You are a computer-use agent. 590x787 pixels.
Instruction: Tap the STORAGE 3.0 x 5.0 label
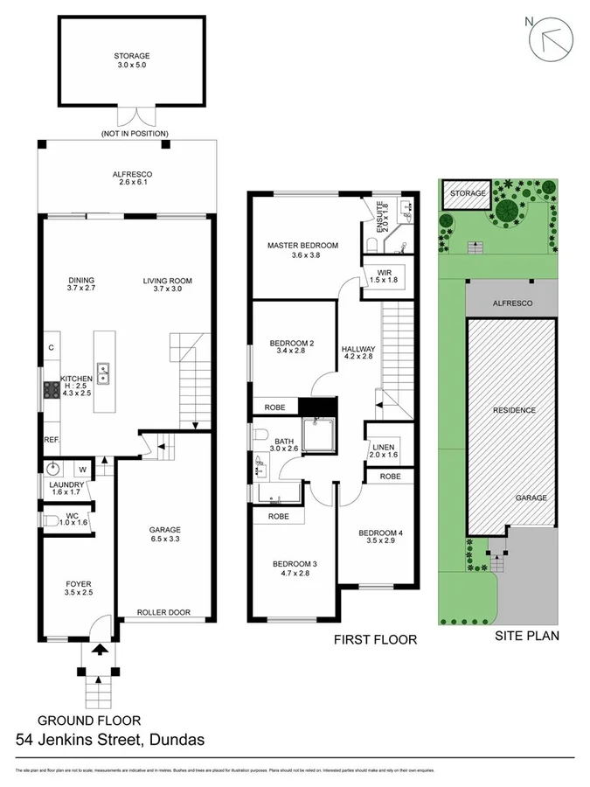point(131,59)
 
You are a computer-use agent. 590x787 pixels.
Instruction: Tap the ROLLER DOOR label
point(163,612)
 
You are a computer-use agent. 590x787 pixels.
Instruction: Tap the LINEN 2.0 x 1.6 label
point(383,449)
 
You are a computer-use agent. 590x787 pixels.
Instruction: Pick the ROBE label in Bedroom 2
point(274,407)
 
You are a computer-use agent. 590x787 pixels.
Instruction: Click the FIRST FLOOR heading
point(375,639)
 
